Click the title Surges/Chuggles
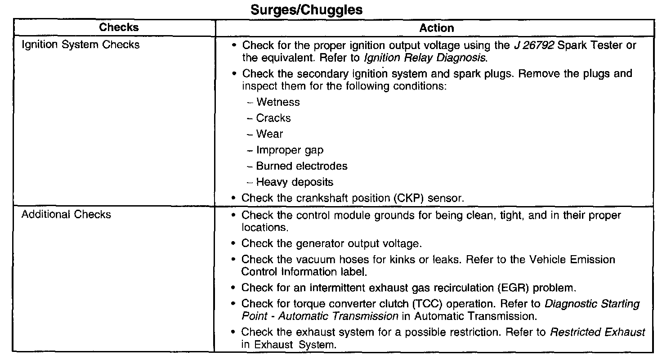tap(306, 10)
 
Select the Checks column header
tap(119, 27)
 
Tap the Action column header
tap(436, 28)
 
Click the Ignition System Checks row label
tap(81, 45)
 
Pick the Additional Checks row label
tap(66, 214)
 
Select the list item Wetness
tap(277, 102)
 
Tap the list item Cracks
tap(273, 118)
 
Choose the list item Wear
tap(269, 134)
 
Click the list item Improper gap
tap(290, 150)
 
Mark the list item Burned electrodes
tap(302, 166)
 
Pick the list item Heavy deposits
tap(295, 182)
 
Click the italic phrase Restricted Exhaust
tap(598, 333)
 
